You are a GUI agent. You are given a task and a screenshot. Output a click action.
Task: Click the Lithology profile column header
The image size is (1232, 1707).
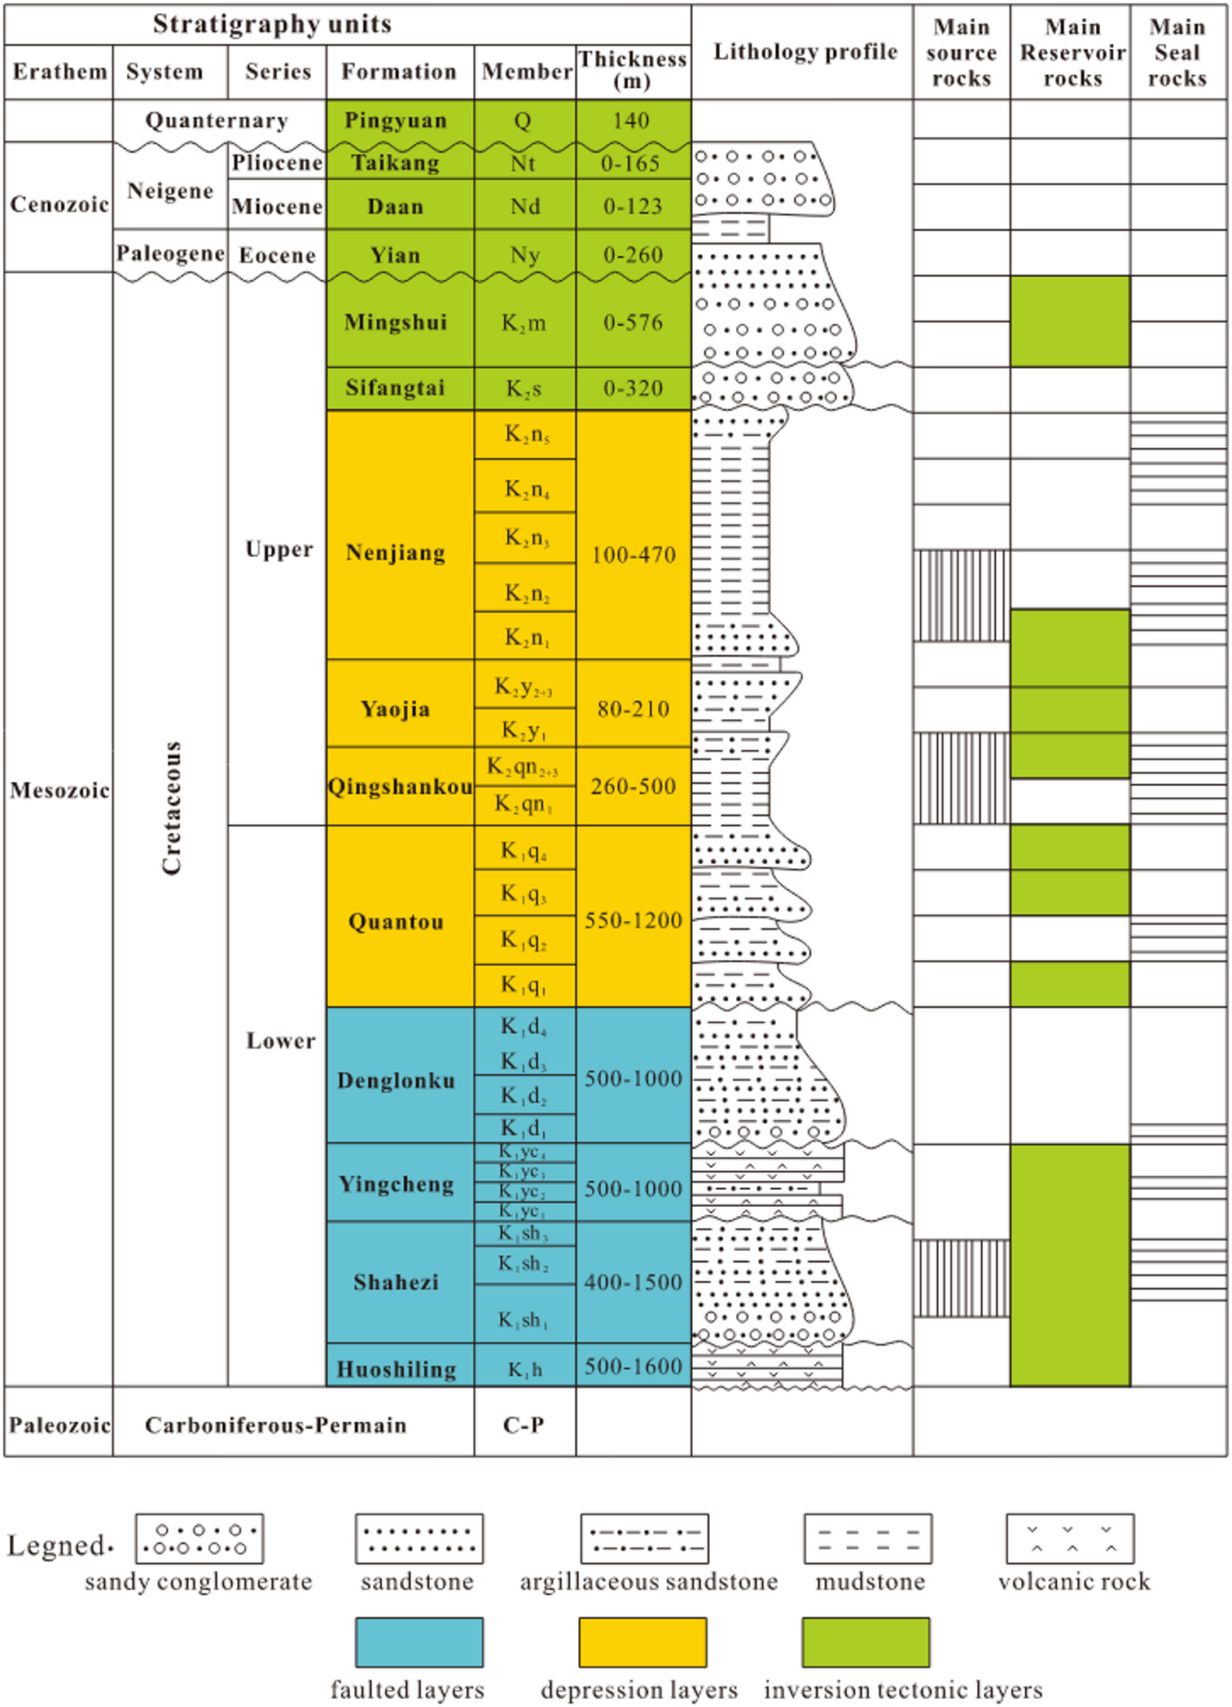click(x=805, y=52)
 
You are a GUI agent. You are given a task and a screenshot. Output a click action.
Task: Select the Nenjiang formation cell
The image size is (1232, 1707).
click(x=396, y=553)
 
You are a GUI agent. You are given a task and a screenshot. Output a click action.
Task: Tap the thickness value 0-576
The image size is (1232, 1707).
click(x=633, y=323)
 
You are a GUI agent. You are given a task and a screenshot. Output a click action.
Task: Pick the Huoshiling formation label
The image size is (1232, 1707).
click(x=397, y=1369)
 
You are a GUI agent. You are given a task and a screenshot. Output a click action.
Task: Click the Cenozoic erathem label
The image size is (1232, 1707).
click(x=59, y=204)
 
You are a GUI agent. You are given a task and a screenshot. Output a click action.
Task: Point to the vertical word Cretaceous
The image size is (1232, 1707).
click(x=171, y=807)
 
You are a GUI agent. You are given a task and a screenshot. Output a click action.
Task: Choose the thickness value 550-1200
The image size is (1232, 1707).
click(x=633, y=920)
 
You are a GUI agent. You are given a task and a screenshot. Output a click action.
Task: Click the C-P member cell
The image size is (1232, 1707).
click(x=524, y=1424)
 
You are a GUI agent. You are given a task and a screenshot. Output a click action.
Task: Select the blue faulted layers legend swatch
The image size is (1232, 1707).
click(x=419, y=1642)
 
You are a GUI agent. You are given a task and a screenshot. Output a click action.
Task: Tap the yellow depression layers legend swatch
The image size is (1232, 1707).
click(x=642, y=1642)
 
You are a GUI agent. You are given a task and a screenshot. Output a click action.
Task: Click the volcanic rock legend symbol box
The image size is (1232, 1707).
click(x=1069, y=1538)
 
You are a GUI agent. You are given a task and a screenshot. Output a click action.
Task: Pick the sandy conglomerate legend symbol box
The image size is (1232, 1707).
click(x=199, y=1538)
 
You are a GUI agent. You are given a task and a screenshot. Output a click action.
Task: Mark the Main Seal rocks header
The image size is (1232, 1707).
click(x=1177, y=52)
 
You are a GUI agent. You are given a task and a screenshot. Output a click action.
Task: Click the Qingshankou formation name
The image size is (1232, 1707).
click(x=400, y=787)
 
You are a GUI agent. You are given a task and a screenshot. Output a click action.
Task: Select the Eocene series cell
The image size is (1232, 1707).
click(x=277, y=256)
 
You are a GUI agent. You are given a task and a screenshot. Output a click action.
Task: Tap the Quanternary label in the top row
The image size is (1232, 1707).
click(x=217, y=121)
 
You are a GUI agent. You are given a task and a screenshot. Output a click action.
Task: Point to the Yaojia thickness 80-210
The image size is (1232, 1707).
click(x=633, y=709)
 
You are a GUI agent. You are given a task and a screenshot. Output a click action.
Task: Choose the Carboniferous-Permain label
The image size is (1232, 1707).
click(x=275, y=1424)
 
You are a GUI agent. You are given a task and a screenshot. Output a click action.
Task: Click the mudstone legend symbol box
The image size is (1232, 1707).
click(x=867, y=1538)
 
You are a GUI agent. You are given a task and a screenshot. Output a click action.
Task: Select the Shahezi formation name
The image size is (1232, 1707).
click(x=397, y=1282)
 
